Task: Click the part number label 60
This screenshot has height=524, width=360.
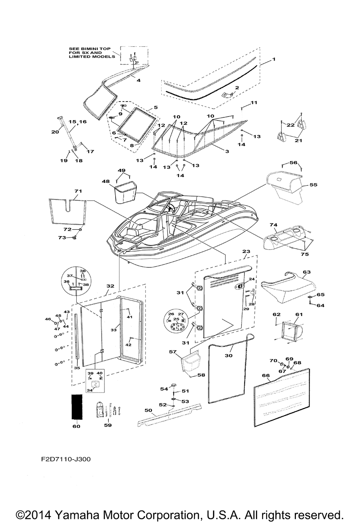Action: [76, 426]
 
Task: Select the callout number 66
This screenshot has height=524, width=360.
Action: [266, 375]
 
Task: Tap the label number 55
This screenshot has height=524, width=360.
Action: [313, 185]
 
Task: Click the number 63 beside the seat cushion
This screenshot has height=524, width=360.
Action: [306, 272]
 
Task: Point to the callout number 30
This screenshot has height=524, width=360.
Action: [229, 355]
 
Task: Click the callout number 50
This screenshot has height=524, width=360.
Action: [148, 410]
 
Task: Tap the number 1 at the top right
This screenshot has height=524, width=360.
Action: [274, 59]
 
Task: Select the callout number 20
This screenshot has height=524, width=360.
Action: [55, 132]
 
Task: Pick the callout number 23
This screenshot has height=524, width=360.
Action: [246, 252]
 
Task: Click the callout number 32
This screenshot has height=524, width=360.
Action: [110, 286]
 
